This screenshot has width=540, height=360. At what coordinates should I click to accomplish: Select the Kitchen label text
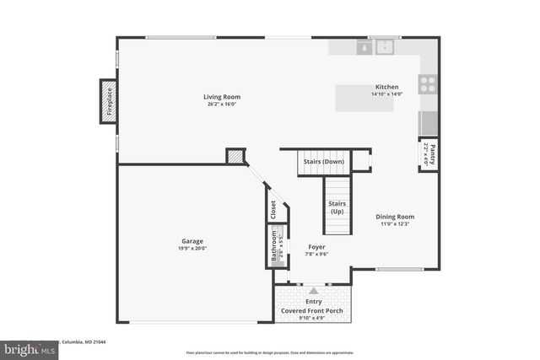pos(386,87)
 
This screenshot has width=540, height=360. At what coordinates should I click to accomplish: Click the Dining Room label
pos(395,217)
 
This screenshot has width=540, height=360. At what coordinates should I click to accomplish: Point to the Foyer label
pos(316,247)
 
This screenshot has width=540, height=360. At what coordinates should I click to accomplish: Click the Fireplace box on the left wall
pos(108,101)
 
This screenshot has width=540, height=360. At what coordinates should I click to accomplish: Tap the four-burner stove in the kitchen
pos(428,83)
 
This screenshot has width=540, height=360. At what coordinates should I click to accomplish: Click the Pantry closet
pos(428,153)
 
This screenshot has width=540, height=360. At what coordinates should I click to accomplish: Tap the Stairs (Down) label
pos(324,161)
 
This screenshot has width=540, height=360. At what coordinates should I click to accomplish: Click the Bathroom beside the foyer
pos(275,246)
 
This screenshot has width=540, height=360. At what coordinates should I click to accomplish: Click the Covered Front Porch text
pos(313,310)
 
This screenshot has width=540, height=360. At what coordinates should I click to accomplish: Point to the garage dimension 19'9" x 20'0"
pos(192,248)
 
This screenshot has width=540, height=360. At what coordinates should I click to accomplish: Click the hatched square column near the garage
pos(235,157)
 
